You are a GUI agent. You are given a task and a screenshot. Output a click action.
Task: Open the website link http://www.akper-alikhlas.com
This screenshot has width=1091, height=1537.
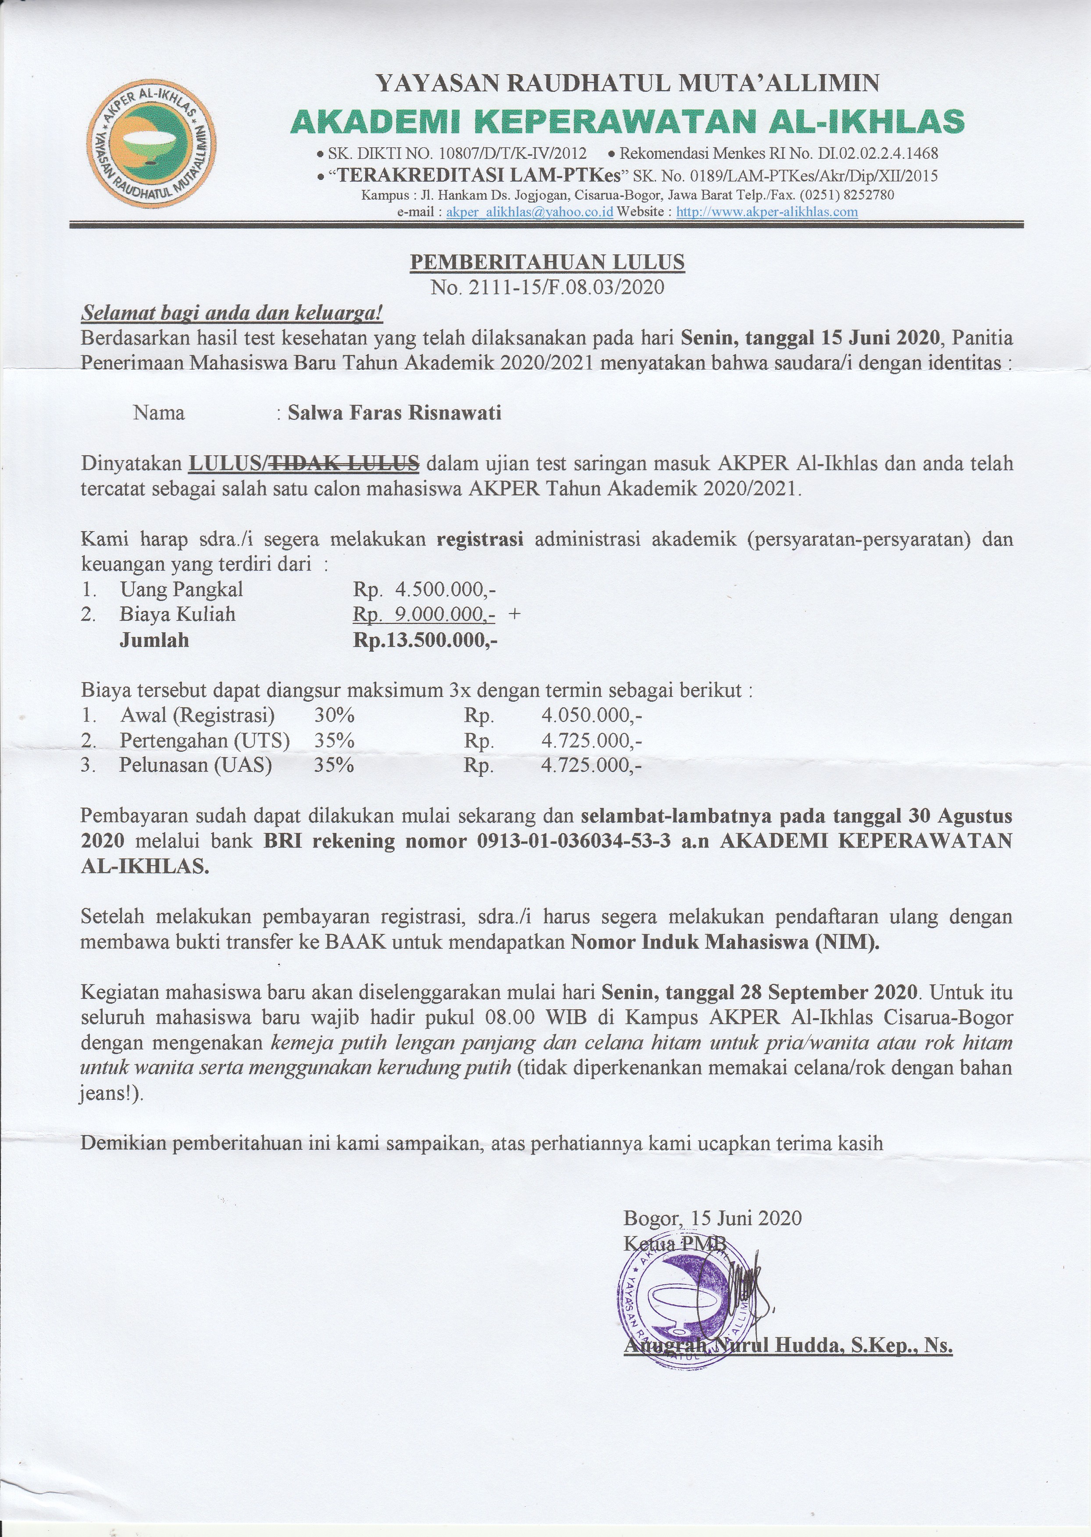point(767,212)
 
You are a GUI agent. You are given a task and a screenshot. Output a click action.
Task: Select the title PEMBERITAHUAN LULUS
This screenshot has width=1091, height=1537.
point(547,262)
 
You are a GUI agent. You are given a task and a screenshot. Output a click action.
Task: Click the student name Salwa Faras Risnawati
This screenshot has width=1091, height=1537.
point(394,413)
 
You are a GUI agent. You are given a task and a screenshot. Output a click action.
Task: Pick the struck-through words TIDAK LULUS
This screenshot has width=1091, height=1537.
point(345,463)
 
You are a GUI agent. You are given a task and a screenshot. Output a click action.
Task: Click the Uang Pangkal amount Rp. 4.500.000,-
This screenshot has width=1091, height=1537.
point(424,590)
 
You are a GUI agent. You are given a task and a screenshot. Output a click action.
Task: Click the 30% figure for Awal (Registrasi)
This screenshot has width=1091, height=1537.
point(334,715)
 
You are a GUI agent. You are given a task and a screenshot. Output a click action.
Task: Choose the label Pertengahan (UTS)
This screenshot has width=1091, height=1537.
point(204,740)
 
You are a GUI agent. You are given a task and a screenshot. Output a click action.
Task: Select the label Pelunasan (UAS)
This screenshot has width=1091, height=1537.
point(196,765)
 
